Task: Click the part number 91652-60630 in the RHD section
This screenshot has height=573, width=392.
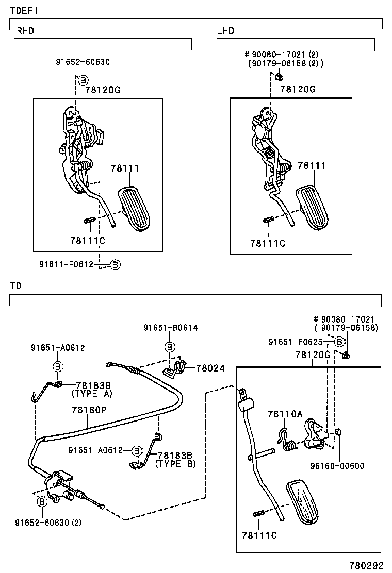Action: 83,62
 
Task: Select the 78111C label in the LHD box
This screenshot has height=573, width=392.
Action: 267,243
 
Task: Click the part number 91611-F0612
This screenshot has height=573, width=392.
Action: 66,264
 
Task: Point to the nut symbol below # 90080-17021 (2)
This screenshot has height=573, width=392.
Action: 278,77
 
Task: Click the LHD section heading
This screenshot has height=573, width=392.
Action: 225,31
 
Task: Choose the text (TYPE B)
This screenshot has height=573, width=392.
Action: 175,464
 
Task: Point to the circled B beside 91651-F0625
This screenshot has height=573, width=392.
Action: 340,342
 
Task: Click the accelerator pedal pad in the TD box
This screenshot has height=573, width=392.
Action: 304,500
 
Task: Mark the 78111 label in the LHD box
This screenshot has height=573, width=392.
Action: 312,166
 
